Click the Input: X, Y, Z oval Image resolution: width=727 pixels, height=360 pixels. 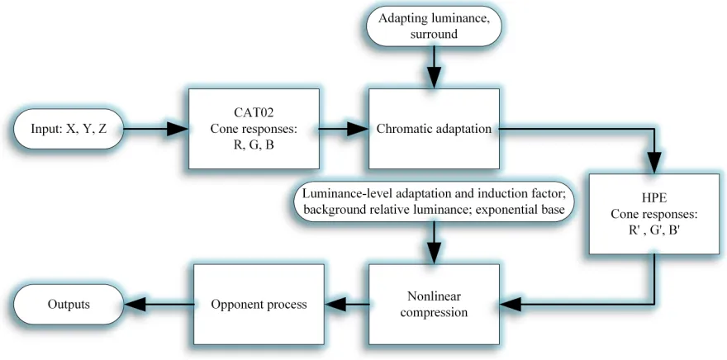[x=69, y=129]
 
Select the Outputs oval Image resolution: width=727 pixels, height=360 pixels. [x=69, y=305]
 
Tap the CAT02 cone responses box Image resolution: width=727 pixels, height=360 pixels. [x=254, y=128]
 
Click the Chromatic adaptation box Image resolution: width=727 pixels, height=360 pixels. [x=434, y=128]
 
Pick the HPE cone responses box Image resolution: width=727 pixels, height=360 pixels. [x=654, y=214]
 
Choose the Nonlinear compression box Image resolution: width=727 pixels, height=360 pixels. [x=434, y=305]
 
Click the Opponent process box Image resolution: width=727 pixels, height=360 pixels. [x=259, y=305]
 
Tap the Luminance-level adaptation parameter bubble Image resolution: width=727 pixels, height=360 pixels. [x=434, y=202]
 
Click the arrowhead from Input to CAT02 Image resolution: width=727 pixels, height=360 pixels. [x=178, y=129]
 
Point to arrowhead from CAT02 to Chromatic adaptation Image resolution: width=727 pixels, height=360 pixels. [x=358, y=129]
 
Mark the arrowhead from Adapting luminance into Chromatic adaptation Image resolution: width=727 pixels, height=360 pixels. [x=434, y=78]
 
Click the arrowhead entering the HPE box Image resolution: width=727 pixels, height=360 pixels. [x=654, y=163]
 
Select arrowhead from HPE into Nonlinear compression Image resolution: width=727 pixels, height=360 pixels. [x=511, y=305]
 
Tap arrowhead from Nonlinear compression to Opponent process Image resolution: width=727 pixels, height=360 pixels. [x=335, y=305]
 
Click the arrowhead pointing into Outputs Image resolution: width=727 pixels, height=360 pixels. [x=135, y=305]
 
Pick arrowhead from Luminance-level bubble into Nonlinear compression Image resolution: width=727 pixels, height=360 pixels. [x=434, y=253]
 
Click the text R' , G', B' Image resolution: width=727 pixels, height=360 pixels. [x=653, y=230]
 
